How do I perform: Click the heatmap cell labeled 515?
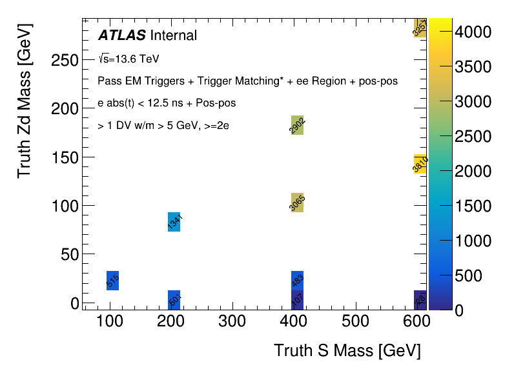(112, 281)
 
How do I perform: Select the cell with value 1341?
(174, 221)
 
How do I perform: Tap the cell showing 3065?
(297, 203)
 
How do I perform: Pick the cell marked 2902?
(297, 125)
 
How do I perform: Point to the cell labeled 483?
(297, 281)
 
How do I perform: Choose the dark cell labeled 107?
(297, 300)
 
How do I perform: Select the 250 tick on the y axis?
(65, 60)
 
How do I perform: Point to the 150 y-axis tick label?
(65, 157)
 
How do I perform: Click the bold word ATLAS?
(121, 35)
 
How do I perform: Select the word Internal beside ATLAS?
(173, 35)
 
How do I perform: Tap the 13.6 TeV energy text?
(133, 59)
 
